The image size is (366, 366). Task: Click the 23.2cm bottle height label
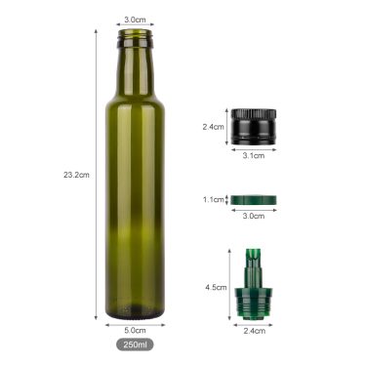[75, 176]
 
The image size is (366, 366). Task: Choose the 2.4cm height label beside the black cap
[213, 127]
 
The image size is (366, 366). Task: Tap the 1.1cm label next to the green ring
[213, 199]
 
